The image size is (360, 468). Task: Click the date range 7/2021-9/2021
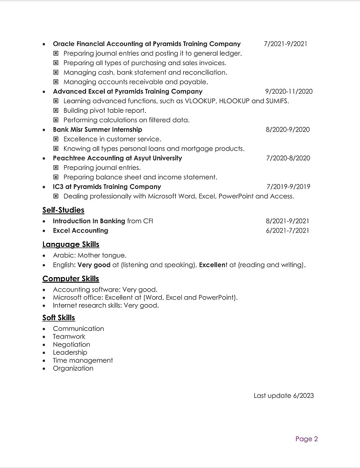285,44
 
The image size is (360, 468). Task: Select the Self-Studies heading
63,210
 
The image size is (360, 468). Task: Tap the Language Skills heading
71,244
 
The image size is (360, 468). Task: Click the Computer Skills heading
71,279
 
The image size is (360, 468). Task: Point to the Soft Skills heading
58,318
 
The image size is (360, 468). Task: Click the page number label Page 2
306,439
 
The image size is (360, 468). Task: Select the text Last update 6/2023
283,395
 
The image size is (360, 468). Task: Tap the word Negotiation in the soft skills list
72,344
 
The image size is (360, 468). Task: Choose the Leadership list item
70,352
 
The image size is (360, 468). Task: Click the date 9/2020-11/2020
288,92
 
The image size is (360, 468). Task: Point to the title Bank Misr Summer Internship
97,130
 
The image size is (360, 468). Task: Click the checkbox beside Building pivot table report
56,111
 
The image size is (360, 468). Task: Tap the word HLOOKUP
238,101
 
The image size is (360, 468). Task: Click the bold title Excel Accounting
80,231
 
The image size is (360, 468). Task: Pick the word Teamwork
69,336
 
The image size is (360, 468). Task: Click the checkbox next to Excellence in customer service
56,139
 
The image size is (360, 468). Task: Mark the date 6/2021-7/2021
287,231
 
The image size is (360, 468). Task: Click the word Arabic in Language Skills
63,256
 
